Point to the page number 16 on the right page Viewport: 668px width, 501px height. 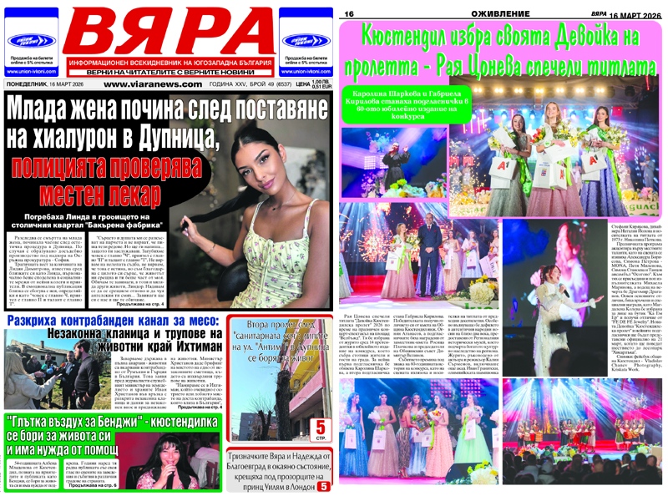click(349, 14)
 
